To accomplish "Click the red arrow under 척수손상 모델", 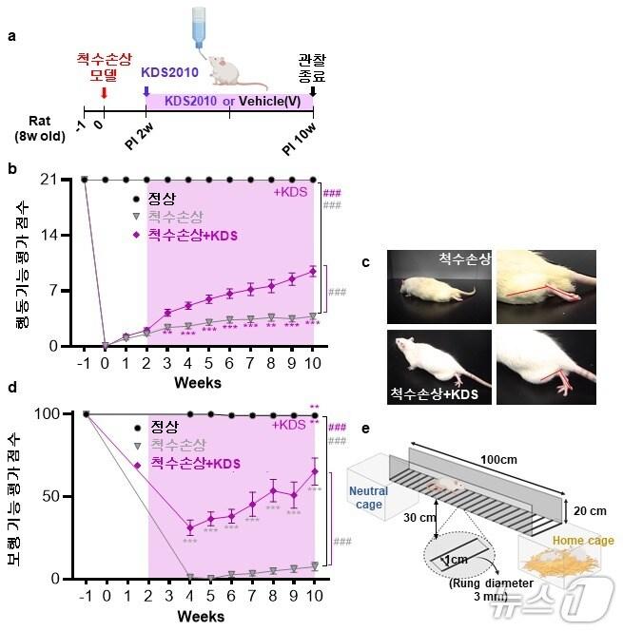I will (103, 91).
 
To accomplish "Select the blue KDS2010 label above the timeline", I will (170, 72).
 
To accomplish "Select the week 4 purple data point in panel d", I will (189, 527).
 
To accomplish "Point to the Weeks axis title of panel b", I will (198, 383).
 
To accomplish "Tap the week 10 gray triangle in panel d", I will (314, 566).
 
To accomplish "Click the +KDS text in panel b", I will (289, 194).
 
